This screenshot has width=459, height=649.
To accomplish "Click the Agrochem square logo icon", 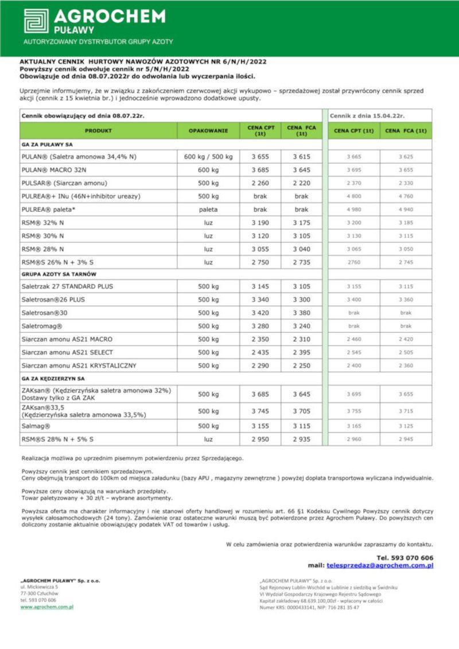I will pyautogui.click(x=36, y=21).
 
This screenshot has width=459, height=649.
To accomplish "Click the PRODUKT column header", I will pyautogui.click(x=98, y=131).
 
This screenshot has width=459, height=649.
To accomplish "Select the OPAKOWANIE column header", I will pyautogui.click(x=208, y=131).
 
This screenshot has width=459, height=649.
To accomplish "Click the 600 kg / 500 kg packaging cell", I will pyautogui.click(x=208, y=157).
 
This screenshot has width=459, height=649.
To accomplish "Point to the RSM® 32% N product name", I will pyautogui.click(x=42, y=223).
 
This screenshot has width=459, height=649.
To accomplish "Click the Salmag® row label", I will pyautogui.click(x=36, y=426).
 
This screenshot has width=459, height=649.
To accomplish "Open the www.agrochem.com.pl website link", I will pyautogui.click(x=47, y=607).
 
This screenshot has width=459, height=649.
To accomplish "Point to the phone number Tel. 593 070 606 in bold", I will pyautogui.click(x=404, y=557).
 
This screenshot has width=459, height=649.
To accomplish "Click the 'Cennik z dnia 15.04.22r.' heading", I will pyautogui.click(x=359, y=115).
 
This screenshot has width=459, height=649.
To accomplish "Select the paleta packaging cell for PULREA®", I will pyautogui.click(x=208, y=209).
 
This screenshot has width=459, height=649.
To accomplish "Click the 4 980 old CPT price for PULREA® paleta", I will pyautogui.click(x=353, y=209).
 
